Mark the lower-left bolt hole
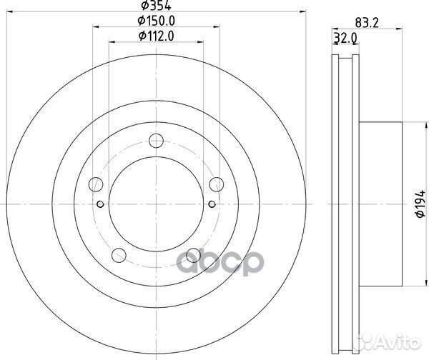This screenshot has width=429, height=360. [x=119, y=254]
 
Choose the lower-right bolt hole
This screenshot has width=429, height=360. [x=192, y=254]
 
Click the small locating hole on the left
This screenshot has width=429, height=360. [x=101, y=205]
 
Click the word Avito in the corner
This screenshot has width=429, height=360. [x=404, y=345]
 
